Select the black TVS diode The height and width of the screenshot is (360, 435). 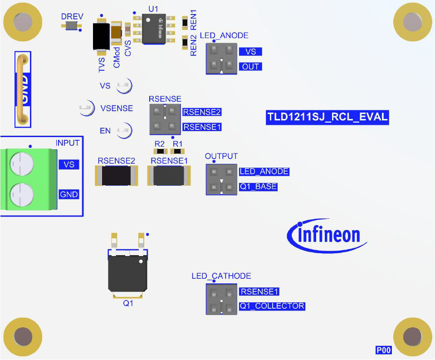(100, 36)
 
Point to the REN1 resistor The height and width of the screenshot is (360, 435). (185, 22)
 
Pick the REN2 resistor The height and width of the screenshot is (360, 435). (185, 42)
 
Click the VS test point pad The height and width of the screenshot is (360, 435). (123, 85)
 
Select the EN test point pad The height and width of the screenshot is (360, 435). (123, 131)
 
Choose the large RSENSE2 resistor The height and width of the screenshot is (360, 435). (116, 176)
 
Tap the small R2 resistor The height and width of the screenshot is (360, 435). (159, 151)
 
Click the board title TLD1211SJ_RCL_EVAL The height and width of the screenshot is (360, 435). (327, 117)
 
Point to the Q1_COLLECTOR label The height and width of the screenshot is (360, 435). (272, 306)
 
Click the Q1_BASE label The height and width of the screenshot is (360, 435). (258, 187)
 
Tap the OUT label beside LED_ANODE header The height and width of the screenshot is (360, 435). (250, 67)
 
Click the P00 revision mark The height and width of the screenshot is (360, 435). (383, 350)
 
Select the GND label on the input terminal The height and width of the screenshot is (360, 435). (69, 195)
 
